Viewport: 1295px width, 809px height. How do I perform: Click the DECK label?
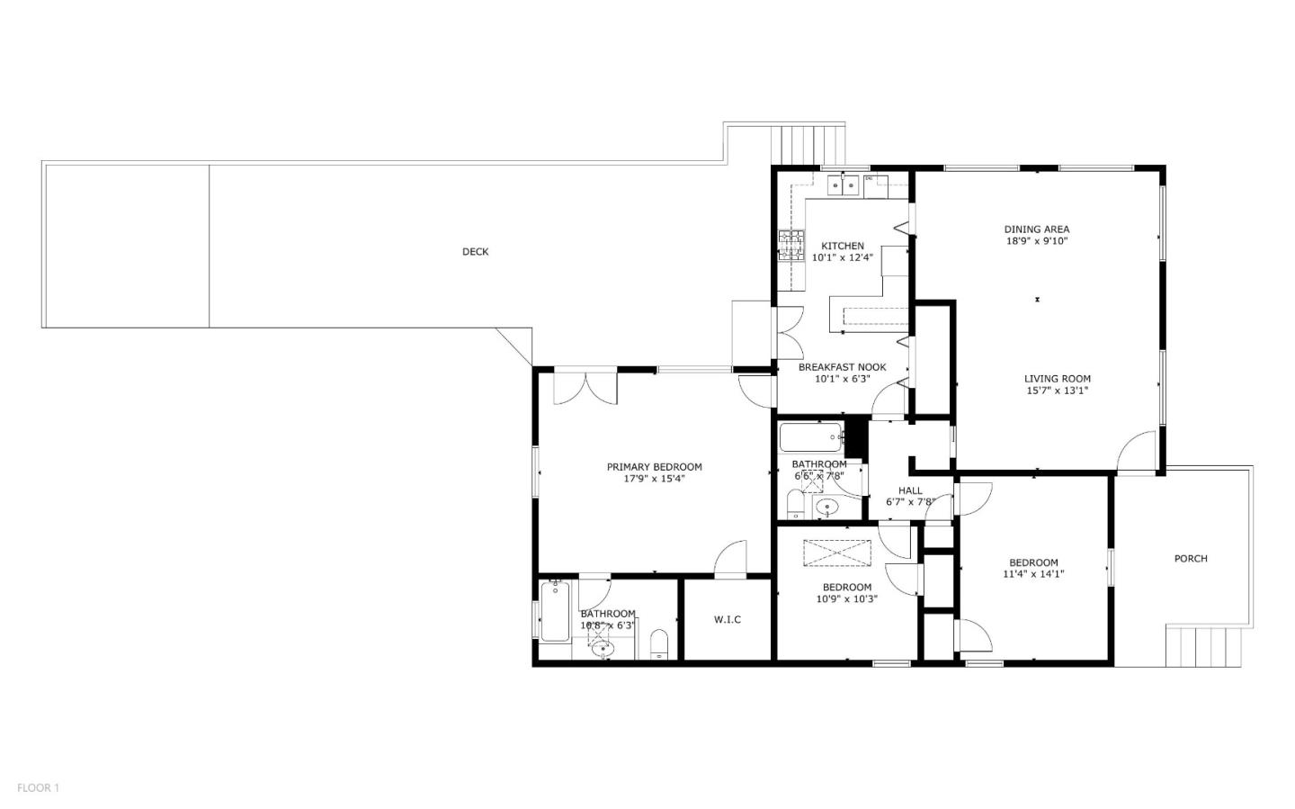pyautogui.click(x=475, y=252)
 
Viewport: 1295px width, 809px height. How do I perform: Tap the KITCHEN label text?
pyautogui.click(x=843, y=246)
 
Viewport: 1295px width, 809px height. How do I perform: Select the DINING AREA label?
pyautogui.click(x=1037, y=229)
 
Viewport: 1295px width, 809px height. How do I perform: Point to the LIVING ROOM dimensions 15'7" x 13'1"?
pyautogui.click(x=1058, y=391)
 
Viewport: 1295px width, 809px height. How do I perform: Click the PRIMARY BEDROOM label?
pyautogui.click(x=654, y=467)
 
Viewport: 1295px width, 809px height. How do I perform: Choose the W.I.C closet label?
pyautogui.click(x=728, y=619)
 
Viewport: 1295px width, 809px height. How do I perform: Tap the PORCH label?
pyautogui.click(x=1191, y=559)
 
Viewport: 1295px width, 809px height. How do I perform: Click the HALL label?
pyautogui.click(x=910, y=490)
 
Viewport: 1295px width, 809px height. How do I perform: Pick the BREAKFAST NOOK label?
pyautogui.click(x=843, y=367)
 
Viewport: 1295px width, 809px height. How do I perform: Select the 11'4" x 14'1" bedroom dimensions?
pyautogui.click(x=1033, y=574)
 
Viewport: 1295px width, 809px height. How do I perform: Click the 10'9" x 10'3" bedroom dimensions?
pyautogui.click(x=847, y=599)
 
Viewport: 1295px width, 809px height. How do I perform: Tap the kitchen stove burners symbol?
pyautogui.click(x=791, y=245)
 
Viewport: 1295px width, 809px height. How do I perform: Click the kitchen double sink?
pyautogui.click(x=844, y=185)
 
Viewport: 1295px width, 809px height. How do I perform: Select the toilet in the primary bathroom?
pyautogui.click(x=659, y=643)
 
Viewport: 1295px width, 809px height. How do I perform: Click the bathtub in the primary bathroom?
pyautogui.click(x=554, y=612)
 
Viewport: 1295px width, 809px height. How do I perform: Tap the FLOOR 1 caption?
pyautogui.click(x=38, y=788)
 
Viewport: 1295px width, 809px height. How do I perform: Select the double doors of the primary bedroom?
pyautogui.click(x=585, y=388)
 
